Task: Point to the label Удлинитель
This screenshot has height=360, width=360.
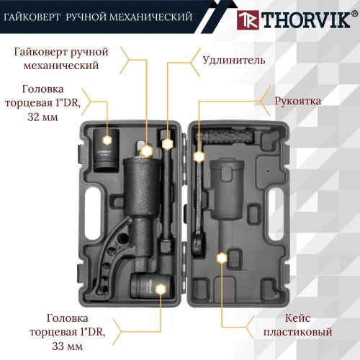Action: pyautogui.click(x=233, y=60)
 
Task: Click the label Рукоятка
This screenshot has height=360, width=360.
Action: pyautogui.click(x=298, y=102)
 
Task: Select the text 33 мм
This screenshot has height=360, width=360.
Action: pyautogui.click(x=64, y=346)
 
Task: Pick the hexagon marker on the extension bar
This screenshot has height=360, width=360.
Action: pyautogui.click(x=167, y=144)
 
